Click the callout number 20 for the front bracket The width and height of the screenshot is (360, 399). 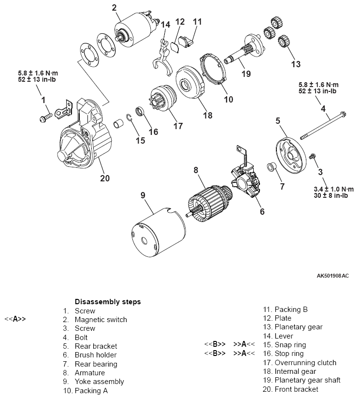point(104,178)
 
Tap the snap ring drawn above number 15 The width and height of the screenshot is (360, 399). point(130,117)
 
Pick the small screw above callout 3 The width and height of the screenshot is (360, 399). point(313,156)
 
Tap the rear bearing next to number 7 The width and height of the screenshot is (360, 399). point(271,168)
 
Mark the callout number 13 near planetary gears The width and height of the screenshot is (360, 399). point(295,63)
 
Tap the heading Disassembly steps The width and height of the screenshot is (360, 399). point(108,302)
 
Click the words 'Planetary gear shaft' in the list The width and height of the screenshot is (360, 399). point(307,380)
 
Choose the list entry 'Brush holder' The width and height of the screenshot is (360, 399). point(96,355)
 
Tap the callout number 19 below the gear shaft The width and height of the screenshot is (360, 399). point(246,74)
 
